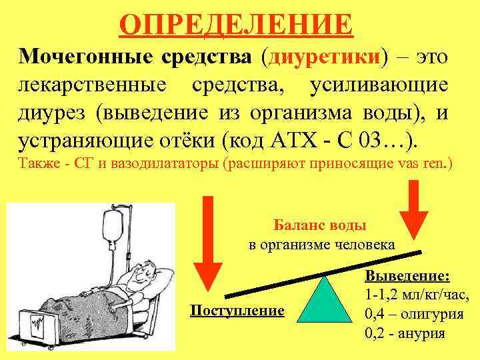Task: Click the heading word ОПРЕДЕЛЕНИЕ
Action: (x=236, y=25)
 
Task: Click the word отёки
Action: (x=185, y=141)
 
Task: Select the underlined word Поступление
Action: (x=237, y=311)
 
